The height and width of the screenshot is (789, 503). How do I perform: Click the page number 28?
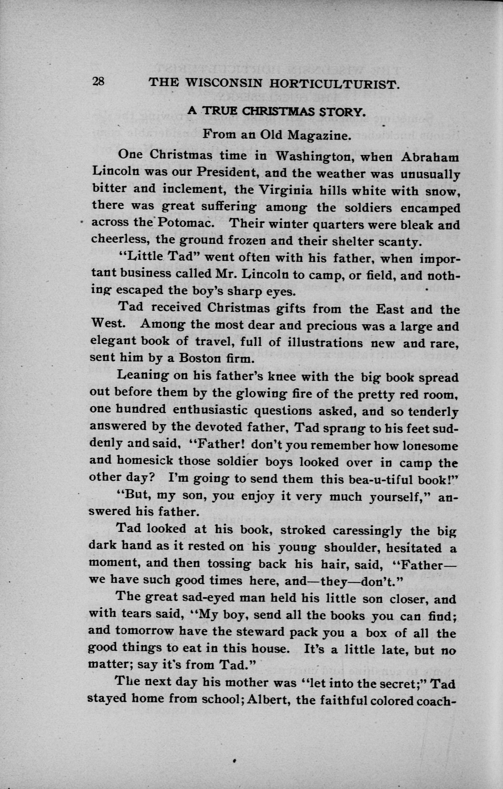(98, 81)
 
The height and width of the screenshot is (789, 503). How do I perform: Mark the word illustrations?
(325, 343)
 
